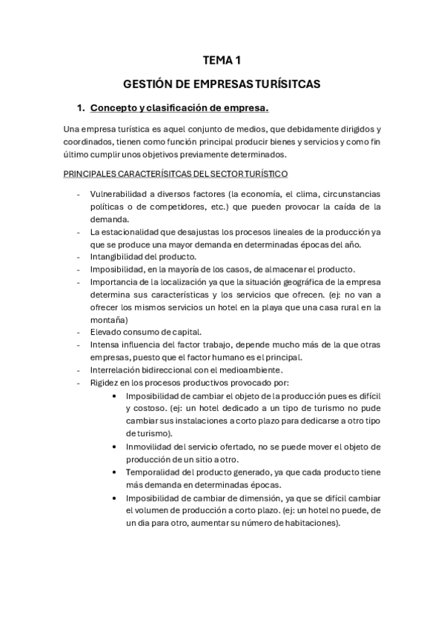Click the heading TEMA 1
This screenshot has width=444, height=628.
[222, 61]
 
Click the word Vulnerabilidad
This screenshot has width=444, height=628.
[120, 194]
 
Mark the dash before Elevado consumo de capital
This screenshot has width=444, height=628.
[79, 333]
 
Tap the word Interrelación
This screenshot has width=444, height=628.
[117, 370]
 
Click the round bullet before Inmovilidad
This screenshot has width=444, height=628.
[112, 447]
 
